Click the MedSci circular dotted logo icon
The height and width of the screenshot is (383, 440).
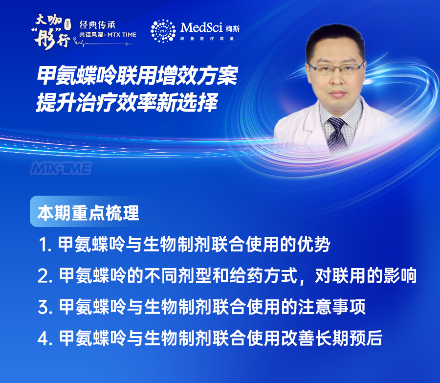click(163, 31)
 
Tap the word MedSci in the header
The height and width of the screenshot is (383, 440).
click(201, 27)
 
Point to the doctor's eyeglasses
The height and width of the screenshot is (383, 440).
click(336, 68)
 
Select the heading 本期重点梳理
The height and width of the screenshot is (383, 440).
click(88, 213)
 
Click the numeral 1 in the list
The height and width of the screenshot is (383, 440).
click(43, 244)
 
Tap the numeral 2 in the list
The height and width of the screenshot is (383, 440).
click(44, 276)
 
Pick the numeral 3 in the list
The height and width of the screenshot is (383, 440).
click(44, 307)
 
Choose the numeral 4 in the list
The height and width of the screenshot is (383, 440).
click(44, 338)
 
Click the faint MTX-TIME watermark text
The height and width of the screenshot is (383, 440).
click(61, 168)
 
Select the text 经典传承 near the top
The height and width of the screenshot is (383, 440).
click(97, 25)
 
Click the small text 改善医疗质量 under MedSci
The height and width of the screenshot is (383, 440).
click(207, 39)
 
